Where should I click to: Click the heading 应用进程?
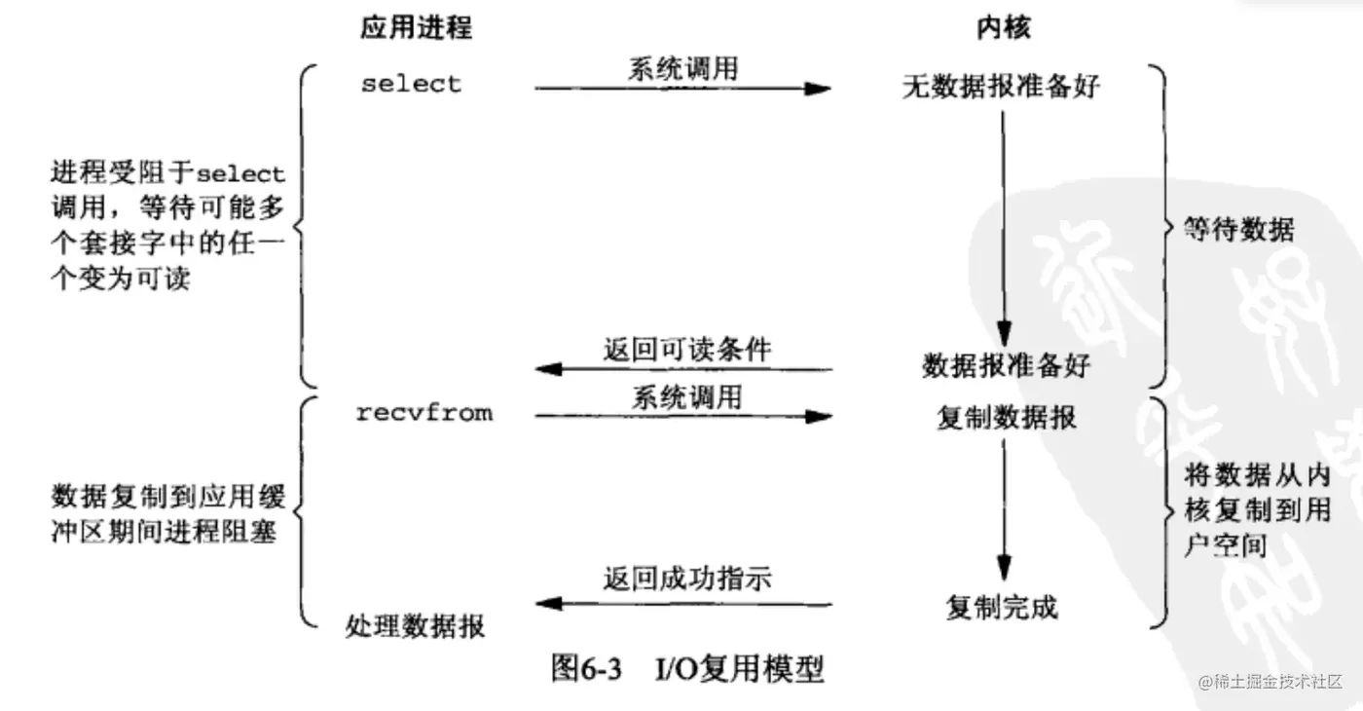(416, 27)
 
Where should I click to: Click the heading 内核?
(1003, 27)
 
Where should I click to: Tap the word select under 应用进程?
(411, 84)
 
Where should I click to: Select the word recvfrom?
(424, 413)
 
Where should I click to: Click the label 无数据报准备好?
(1001, 87)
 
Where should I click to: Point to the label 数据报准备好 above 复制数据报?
(1007, 366)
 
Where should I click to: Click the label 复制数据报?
(1007, 418)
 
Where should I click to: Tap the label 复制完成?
(1002, 608)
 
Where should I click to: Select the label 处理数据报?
(415, 625)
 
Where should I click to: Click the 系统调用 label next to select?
(682, 68)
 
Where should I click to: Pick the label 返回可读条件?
(686, 350)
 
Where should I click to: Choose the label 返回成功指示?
(686, 580)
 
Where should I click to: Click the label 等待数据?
(1238, 230)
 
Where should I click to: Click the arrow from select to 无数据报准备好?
(682, 89)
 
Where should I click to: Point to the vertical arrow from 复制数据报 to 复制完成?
(1004, 511)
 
